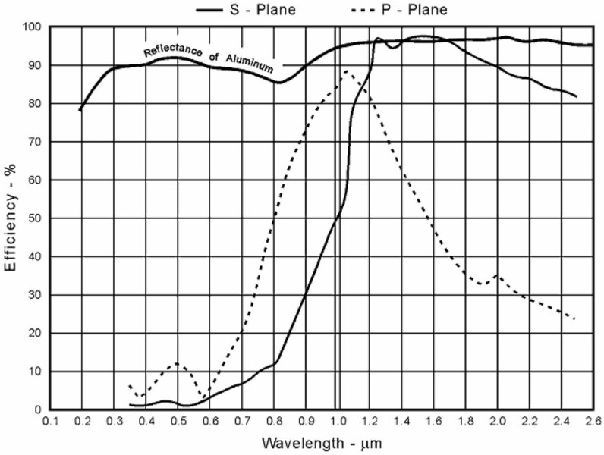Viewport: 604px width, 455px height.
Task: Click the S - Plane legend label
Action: coord(260,10)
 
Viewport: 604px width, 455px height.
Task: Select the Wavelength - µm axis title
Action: coord(321,441)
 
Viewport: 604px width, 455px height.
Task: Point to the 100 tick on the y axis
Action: coord(33,27)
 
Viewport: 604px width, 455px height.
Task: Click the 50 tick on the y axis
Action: coord(35,218)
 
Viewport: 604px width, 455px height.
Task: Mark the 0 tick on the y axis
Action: coord(38,410)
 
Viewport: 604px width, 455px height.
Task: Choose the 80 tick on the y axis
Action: coord(35,104)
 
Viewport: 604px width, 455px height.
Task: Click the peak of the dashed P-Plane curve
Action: coord(346,71)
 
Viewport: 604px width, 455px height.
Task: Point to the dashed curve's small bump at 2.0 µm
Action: coord(497,275)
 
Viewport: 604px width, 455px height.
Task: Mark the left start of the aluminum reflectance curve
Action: coord(80,111)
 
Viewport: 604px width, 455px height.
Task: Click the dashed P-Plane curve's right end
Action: coord(575,319)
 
